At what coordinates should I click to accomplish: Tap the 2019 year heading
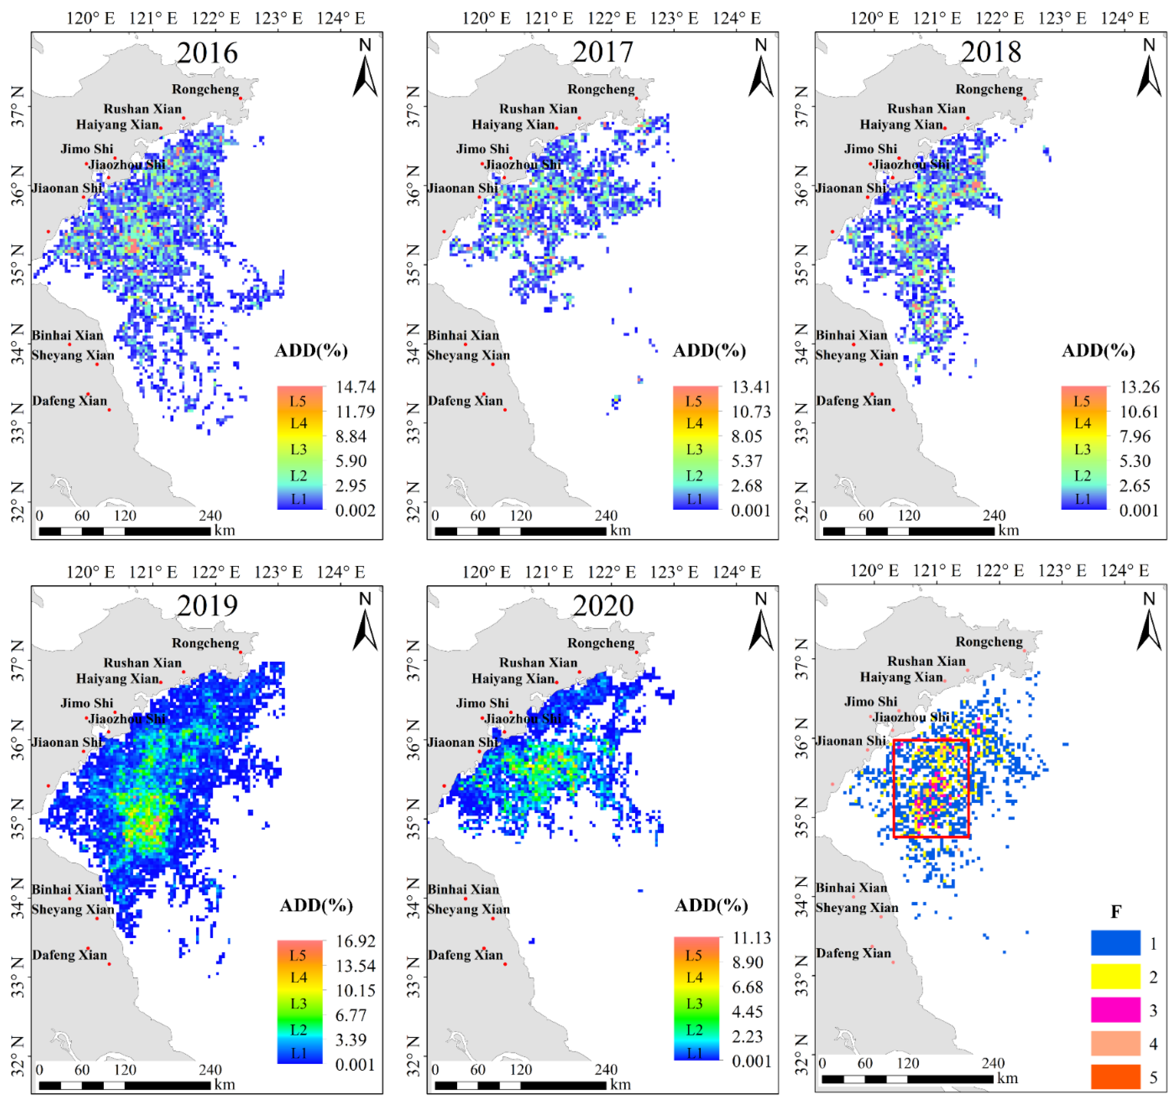pos(207,606)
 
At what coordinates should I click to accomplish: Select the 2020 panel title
pos(603,606)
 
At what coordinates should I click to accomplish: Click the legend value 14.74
pos(356,387)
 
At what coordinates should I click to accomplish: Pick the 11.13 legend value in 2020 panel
pos(751,939)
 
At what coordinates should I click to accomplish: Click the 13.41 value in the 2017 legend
pos(751,387)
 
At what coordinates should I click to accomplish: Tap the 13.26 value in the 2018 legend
pos(1139,387)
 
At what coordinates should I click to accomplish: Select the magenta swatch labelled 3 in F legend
pos(1116,1010)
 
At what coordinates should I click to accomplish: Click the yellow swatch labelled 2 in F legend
pos(1116,977)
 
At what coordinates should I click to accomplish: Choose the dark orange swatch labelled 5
pos(1116,1077)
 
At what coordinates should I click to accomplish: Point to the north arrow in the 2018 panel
pos(1149,74)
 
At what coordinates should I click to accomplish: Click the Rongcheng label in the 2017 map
pos(601,89)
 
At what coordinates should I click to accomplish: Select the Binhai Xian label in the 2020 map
pos(464,889)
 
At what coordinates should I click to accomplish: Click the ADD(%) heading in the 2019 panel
pos(316,905)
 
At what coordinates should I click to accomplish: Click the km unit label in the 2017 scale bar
pos(621,531)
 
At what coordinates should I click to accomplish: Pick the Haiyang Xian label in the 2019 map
pos(117,679)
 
